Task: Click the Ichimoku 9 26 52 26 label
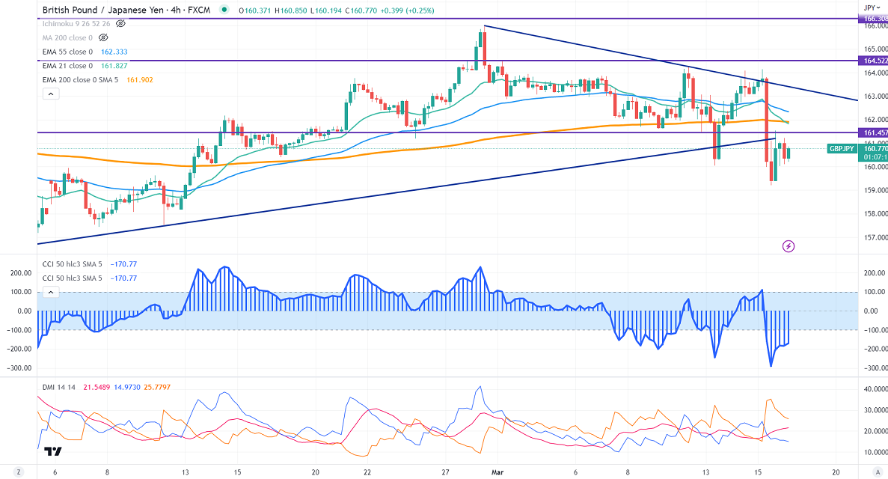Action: [77, 23]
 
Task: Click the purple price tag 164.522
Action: [873, 61]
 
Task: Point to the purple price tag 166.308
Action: [873, 19]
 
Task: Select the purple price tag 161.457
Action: [873, 132]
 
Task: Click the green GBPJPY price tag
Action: [843, 149]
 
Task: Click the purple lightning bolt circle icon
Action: [788, 245]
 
